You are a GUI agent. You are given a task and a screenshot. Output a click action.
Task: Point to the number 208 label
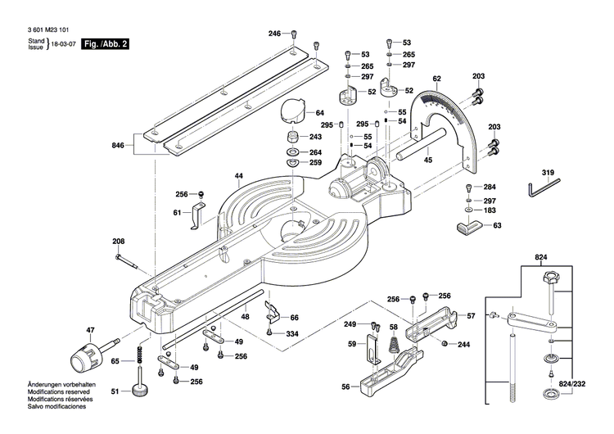(x=119, y=241)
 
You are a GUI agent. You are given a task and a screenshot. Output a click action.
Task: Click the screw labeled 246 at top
(x=296, y=34)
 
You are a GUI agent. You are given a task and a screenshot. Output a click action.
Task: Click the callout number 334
(x=292, y=334)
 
